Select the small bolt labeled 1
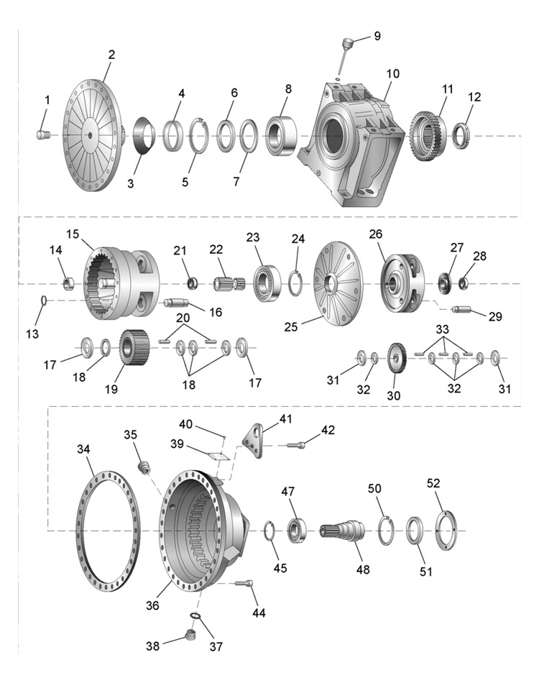(x=42, y=134)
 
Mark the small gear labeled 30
(x=396, y=357)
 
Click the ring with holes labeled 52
(x=446, y=531)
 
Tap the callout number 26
(x=375, y=234)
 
